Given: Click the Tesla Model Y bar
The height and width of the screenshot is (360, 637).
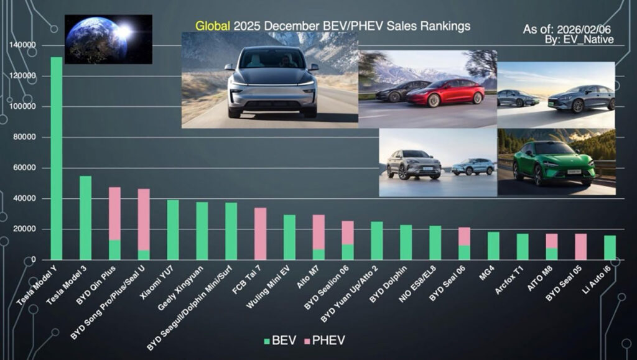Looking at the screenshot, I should point(56,159).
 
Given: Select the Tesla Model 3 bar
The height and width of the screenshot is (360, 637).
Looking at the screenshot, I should point(85,218).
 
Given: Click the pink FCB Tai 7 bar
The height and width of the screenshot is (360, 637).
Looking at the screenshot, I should point(260,234).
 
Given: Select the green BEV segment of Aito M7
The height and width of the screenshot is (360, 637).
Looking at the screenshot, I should point(318,254).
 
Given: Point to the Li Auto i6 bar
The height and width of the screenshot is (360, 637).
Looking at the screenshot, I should point(610,247).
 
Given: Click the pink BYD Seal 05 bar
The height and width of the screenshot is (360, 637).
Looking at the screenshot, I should point(580,247).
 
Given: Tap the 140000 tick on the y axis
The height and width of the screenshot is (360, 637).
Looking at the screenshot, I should point(23,45).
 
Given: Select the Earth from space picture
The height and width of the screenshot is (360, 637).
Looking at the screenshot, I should point(108,39).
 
